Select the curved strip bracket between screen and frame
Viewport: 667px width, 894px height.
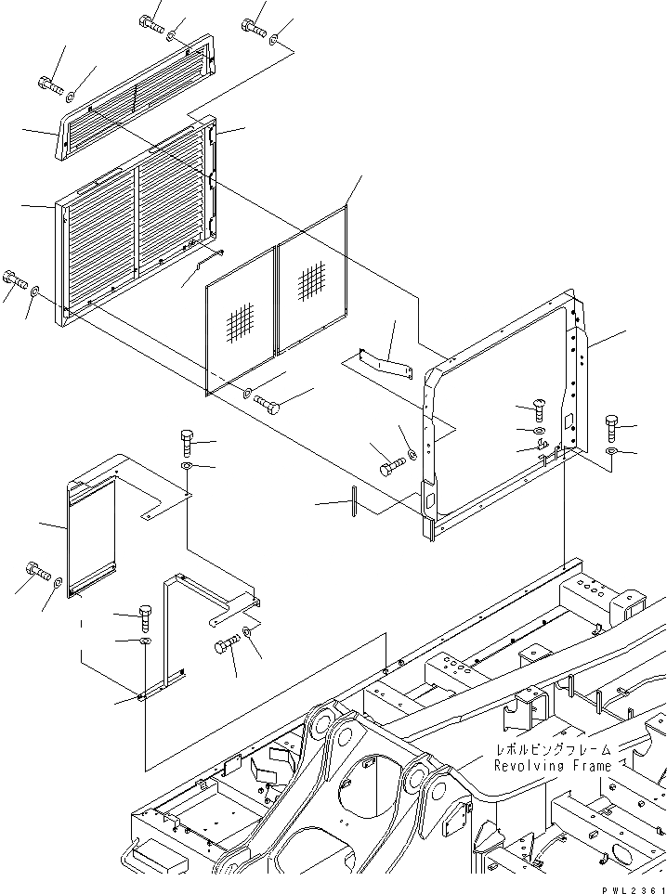[x=388, y=363]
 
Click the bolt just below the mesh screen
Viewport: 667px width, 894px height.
[x=267, y=405]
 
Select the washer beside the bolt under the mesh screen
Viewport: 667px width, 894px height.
[x=247, y=394]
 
